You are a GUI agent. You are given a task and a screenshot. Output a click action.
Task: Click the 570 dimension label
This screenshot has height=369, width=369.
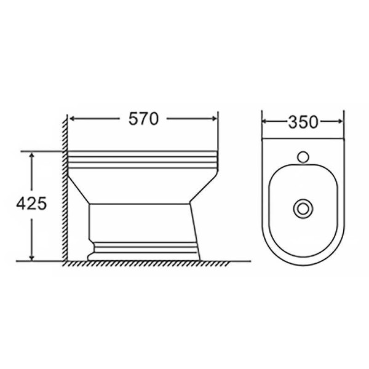[143, 119]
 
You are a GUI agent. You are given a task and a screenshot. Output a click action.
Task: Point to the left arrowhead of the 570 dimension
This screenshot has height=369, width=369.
[71, 119]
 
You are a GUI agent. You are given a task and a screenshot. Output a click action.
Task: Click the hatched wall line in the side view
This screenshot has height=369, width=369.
[64, 184]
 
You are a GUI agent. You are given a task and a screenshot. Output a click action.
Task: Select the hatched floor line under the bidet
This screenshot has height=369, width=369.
[148, 263]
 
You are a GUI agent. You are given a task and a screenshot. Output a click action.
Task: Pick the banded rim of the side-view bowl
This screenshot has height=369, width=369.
[145, 159]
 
